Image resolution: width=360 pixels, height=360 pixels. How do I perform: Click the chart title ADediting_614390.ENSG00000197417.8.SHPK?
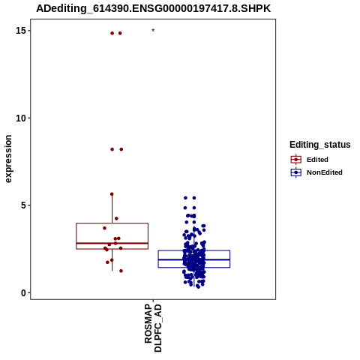pos(153,8)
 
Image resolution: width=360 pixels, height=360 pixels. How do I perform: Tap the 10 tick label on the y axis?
pos(21,118)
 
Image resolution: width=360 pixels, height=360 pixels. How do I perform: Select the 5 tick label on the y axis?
pos(23,205)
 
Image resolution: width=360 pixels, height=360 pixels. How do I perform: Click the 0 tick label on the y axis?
pos(23,292)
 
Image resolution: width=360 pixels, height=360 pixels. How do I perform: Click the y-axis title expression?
pos(8,159)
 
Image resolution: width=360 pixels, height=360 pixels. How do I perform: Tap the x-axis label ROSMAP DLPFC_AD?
pos(153,328)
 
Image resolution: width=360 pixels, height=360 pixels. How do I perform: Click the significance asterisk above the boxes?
pos(153,31)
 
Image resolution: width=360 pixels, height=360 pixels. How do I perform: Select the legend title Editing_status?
pos(320,145)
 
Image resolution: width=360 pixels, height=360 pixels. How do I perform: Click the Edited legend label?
pos(317,160)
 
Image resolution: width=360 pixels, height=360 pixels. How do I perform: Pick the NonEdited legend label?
pos(325,172)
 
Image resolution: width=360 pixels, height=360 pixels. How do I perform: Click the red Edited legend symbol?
pos(296,160)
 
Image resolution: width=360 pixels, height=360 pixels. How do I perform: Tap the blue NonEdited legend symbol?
pos(296,172)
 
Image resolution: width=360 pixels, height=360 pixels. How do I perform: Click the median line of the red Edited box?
pos(112,243)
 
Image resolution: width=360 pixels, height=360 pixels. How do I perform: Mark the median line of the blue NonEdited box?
pos(194,259)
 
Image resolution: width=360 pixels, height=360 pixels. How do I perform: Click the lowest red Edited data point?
pos(121,271)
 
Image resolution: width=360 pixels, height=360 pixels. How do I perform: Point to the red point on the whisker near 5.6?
pos(112,194)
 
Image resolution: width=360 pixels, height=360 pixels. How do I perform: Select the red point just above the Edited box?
pos(116,218)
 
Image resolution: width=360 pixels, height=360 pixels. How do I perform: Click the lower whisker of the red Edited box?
pos(112,259)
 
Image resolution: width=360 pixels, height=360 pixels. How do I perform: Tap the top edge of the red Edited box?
pos(112,223)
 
